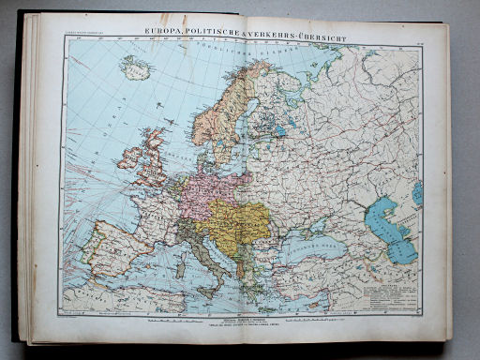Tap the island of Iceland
click(x=133, y=68)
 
